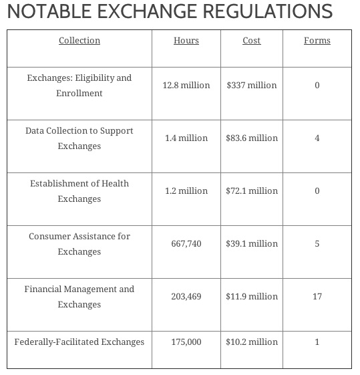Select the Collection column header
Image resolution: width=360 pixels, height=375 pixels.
[x=79, y=41]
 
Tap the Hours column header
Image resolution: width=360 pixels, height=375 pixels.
[x=186, y=41]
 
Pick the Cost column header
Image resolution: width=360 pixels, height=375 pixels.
[x=252, y=41]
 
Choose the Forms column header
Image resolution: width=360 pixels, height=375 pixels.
[x=317, y=41]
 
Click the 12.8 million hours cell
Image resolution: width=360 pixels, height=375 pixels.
[x=186, y=86]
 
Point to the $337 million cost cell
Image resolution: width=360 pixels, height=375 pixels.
[x=252, y=86]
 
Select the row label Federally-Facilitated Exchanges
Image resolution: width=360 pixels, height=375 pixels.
[x=79, y=342]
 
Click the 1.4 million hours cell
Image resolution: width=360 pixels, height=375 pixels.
[x=186, y=138]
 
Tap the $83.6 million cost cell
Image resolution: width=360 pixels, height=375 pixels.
[x=252, y=138]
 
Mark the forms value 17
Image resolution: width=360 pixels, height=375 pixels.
[x=317, y=297]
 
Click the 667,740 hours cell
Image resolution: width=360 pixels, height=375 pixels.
[x=186, y=244]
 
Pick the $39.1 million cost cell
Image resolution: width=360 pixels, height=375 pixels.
[x=252, y=244]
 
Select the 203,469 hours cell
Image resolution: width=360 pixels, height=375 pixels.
[x=186, y=297]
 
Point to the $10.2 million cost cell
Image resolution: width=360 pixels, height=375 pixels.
[x=252, y=342]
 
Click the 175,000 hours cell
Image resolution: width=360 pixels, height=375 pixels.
[x=186, y=342]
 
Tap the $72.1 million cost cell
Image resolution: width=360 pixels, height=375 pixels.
[x=252, y=191]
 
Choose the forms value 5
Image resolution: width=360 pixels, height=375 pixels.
[x=317, y=244]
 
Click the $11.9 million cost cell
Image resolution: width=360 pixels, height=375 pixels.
[x=252, y=297]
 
